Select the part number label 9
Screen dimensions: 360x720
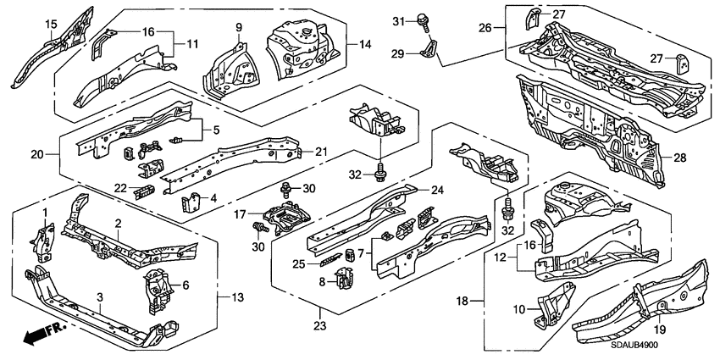click(239, 27)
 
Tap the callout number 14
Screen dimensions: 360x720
click(365, 45)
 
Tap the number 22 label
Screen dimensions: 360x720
click(120, 187)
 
